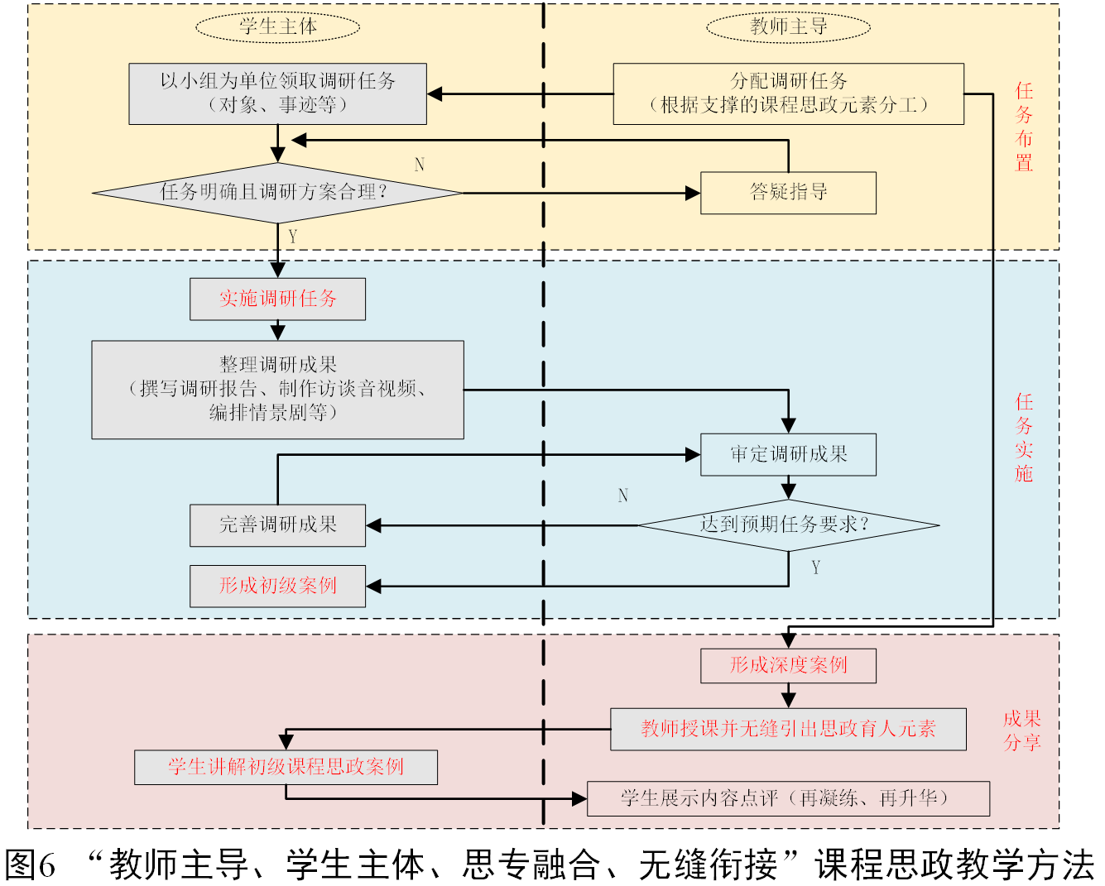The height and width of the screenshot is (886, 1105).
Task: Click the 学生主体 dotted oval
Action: click(278, 26)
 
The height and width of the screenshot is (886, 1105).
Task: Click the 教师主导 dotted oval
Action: click(788, 26)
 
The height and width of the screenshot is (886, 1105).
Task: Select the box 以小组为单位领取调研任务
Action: click(278, 93)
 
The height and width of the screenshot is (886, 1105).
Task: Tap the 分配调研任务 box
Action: click(788, 93)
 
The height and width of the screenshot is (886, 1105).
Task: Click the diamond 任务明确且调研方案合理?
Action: click(278, 193)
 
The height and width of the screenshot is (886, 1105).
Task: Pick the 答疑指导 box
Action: click(788, 193)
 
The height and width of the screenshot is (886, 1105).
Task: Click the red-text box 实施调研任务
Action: click(278, 299)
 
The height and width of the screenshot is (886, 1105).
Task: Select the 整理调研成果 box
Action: click(278, 389)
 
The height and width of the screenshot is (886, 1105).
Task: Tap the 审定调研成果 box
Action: click(788, 454)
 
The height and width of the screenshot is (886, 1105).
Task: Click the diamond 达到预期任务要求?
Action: click(788, 524)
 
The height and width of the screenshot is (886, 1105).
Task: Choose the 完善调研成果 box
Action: click(278, 524)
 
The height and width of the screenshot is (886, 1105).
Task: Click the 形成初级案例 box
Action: click(278, 586)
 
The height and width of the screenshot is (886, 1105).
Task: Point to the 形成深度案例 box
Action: click(788, 665)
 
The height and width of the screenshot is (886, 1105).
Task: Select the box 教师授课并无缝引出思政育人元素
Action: click(788, 729)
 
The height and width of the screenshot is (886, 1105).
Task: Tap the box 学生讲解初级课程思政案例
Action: click(286, 767)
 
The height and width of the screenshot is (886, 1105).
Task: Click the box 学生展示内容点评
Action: click(788, 798)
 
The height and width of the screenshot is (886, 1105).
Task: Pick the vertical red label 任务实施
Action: click(1025, 438)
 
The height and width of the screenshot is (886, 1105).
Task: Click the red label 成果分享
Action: click(1022, 730)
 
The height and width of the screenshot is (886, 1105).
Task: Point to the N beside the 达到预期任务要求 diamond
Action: click(623, 496)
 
